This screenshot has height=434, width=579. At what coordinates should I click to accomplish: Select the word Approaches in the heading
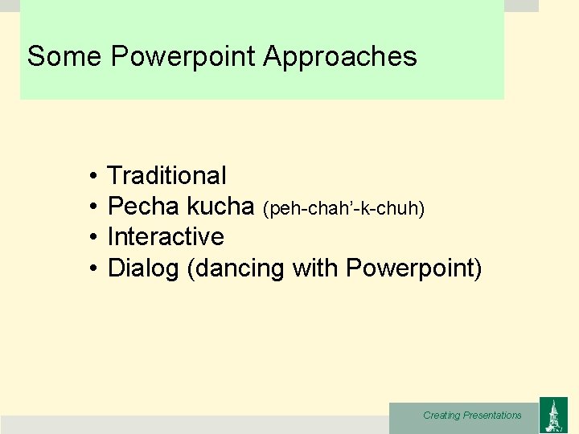[x=339, y=57]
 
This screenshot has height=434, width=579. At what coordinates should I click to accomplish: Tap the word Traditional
[x=166, y=175]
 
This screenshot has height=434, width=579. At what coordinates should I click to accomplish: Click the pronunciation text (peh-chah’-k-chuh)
[x=343, y=208]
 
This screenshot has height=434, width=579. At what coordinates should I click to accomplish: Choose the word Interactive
[x=166, y=237]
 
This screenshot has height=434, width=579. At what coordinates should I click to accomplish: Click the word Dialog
[x=143, y=268]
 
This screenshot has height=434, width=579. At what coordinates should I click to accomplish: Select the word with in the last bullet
[x=316, y=268]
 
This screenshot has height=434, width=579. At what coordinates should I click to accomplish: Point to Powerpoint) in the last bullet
[x=414, y=268]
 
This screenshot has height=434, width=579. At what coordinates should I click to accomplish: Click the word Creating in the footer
[x=441, y=416]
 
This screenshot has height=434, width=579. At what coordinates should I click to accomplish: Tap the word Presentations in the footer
[x=492, y=416]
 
